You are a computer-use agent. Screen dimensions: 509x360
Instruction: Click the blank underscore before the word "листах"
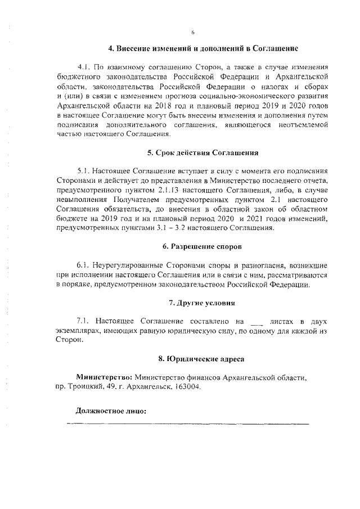(256, 323)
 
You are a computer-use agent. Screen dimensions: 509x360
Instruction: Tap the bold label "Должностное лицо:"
(111, 411)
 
